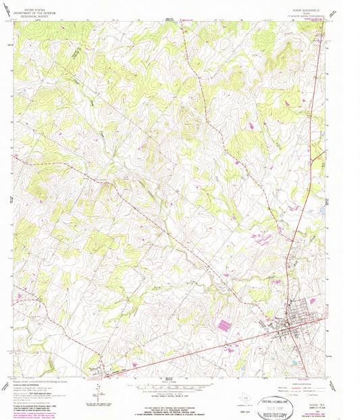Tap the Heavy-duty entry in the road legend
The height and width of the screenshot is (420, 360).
click(280, 384)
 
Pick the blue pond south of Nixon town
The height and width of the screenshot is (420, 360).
click(294, 362)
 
